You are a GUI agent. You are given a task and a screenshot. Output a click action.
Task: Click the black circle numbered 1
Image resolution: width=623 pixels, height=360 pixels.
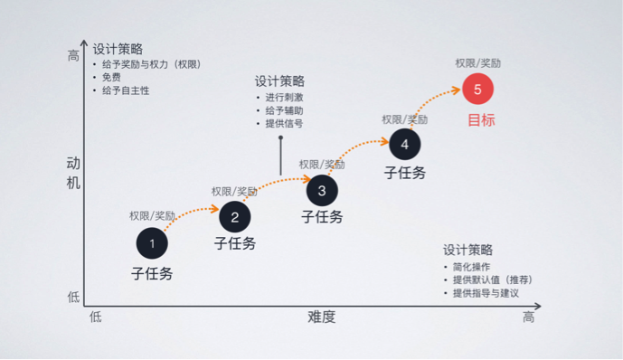[x=152, y=243]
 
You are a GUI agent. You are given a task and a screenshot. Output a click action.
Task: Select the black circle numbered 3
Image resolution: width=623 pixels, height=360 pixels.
[x=322, y=190]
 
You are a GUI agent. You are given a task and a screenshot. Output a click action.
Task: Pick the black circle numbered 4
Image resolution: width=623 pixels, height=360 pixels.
[x=404, y=143]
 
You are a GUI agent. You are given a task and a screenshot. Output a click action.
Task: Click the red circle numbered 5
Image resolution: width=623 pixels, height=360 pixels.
[x=477, y=89]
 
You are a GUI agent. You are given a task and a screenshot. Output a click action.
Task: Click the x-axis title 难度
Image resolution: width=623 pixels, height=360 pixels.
[x=321, y=317]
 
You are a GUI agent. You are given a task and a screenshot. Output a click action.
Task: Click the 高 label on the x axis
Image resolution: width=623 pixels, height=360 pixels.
[x=528, y=317]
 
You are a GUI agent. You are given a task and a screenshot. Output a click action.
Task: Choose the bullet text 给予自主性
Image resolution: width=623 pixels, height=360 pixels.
[x=126, y=90]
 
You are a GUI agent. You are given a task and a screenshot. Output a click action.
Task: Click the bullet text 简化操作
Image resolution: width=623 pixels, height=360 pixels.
[x=470, y=268]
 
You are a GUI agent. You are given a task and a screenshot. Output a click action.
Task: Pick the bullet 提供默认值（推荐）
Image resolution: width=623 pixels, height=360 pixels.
[x=492, y=280]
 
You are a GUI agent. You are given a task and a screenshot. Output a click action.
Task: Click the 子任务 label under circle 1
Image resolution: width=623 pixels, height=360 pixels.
[x=152, y=273]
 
